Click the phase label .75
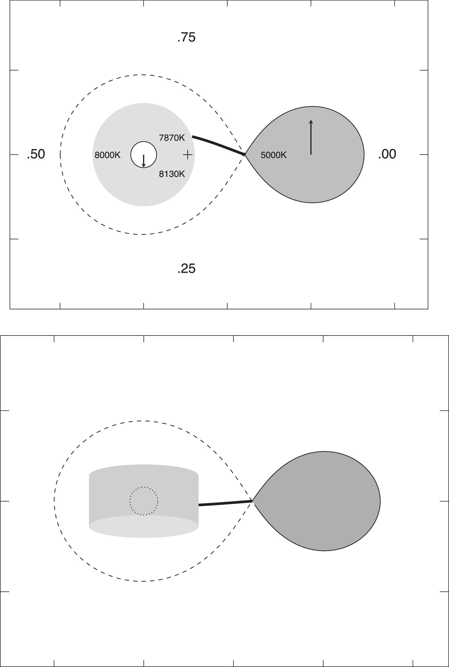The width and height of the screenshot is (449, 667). tap(187, 37)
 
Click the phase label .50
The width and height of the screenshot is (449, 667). tap(36, 154)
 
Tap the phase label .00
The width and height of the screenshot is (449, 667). tap(387, 154)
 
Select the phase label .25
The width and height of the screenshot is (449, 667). tap(187, 269)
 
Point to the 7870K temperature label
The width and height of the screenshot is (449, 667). tap(172, 138)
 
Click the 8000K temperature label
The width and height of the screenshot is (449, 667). tap(107, 155)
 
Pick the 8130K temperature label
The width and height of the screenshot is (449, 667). tap(172, 174)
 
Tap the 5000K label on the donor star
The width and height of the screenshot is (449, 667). tap(273, 155)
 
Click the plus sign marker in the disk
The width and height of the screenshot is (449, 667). tap(187, 155)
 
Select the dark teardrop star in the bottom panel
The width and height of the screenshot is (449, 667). tap(324, 501)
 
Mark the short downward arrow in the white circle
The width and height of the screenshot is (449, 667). tap(144, 160)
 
